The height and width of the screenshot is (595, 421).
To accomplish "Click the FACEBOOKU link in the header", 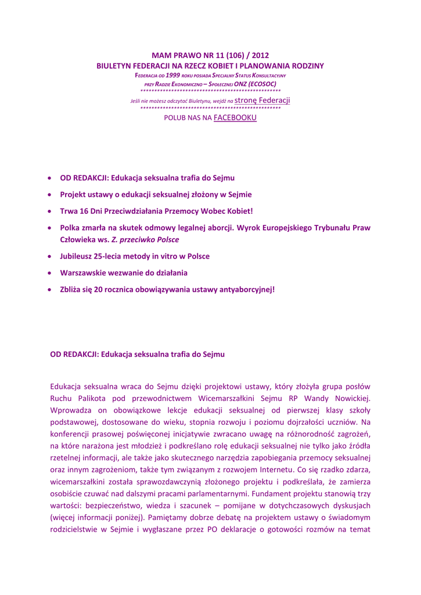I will pos(235,118).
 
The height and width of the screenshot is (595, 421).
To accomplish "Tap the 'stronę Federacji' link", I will pos(262,101).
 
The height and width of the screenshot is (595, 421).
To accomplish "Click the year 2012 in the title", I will pos(259,56).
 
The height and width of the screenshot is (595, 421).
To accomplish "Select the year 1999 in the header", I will pos(172,76).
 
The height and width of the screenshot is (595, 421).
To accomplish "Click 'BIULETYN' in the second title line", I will pos(115,66).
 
